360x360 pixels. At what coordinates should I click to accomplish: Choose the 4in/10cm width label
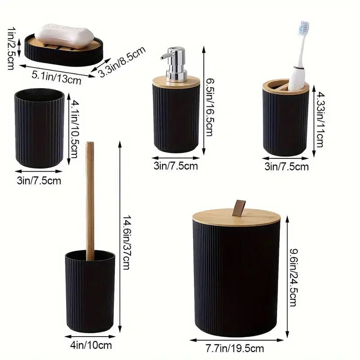pyautogui.click(x=90, y=345)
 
